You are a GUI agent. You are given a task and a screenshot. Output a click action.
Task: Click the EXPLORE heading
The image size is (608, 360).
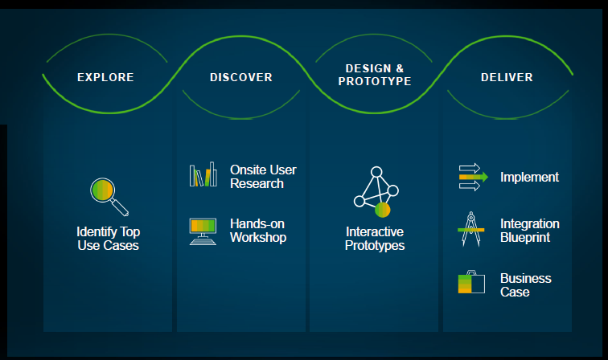click(105, 78)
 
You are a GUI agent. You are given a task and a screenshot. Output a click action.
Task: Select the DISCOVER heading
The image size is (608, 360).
click(241, 78)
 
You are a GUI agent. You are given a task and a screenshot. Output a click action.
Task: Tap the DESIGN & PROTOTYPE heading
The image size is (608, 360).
click(374, 75)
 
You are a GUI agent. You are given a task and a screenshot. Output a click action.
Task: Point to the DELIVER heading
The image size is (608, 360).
click(507, 78)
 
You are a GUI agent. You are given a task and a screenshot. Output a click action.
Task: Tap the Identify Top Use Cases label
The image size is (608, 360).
click(108, 239)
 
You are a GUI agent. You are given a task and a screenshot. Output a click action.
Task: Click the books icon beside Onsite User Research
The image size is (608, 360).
click(203, 174)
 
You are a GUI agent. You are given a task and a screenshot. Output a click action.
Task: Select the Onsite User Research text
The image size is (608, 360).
click(263, 177)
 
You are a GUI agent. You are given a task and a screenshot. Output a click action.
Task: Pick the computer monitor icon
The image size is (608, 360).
click(203, 231)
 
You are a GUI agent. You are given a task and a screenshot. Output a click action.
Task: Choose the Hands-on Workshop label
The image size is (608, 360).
click(257, 231)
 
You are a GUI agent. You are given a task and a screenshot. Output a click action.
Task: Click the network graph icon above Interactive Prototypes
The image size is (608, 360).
click(375, 192)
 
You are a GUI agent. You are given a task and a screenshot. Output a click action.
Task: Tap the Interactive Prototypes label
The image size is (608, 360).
click(375, 239)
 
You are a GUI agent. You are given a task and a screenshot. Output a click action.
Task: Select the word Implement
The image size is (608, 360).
click(529, 178)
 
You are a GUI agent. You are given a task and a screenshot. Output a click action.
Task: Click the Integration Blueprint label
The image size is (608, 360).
click(529, 231)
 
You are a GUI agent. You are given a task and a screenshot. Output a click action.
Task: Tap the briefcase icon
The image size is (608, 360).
click(471, 283)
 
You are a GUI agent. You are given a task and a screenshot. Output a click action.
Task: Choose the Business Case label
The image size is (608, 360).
click(526, 285)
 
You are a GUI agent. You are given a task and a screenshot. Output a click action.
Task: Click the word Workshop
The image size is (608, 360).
click(258, 237)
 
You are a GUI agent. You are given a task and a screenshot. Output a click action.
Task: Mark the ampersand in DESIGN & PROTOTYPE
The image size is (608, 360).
click(399, 68)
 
